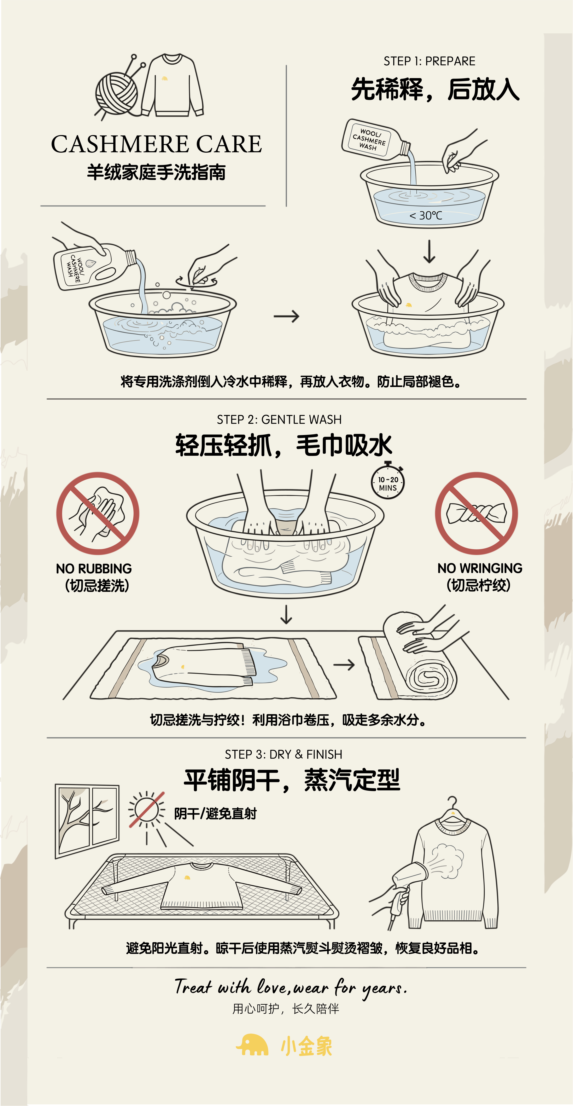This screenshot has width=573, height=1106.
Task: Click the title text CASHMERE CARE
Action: [156, 144]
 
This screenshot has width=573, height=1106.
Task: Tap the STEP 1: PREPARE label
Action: [429, 61]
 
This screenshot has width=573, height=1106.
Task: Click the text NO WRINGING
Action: [479, 568]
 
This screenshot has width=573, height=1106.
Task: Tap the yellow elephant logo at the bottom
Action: [252, 1045]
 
